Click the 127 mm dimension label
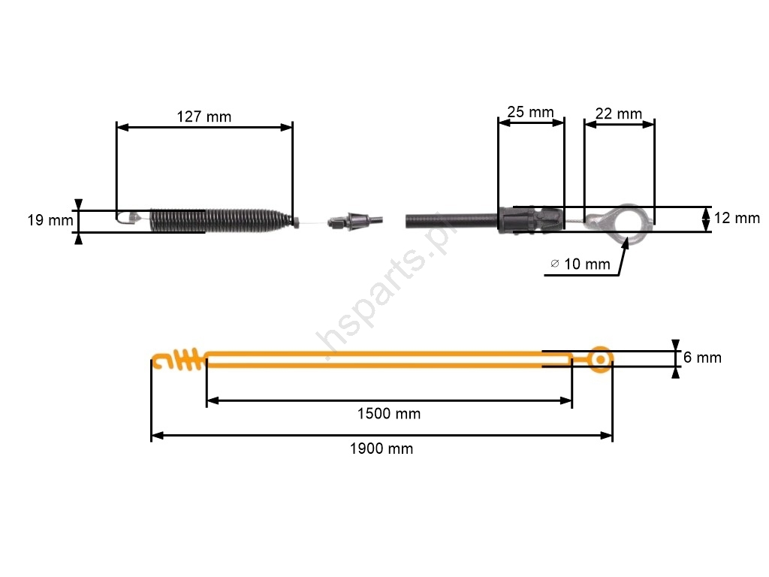point(204,116)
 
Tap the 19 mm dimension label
point(50,220)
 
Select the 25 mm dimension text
point(530,112)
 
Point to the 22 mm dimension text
point(619,114)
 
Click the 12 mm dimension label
point(737,218)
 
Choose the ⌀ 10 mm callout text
point(581,264)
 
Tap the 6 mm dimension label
point(702,358)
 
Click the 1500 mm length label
point(389,414)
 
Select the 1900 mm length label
point(381,449)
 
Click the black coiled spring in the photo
point(221,220)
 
